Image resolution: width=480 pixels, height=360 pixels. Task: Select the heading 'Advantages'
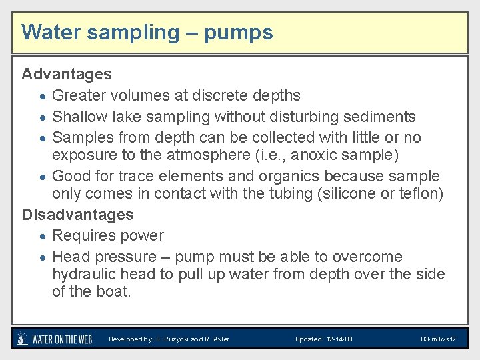coord(67,73)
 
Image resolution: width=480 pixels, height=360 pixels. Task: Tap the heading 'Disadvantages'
coord(78,215)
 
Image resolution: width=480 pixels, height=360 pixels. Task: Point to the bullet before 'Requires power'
coord(42,237)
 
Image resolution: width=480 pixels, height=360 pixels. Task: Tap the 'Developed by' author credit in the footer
coord(169,339)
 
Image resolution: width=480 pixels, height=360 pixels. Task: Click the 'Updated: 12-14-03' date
coord(324,339)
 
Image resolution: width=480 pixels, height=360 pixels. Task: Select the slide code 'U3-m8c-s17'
coord(438,339)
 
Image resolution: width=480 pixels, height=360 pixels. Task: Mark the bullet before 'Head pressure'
coord(42,257)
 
